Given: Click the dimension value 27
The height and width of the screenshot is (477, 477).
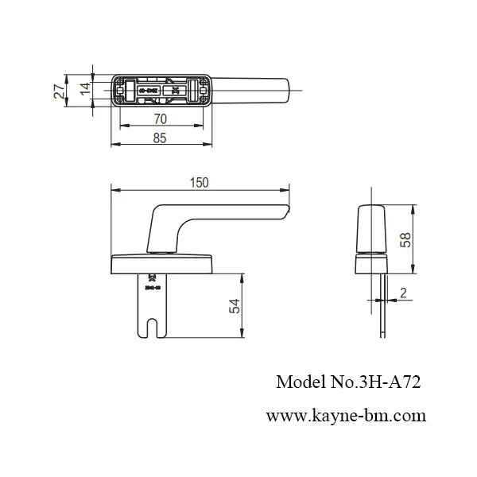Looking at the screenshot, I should click(x=58, y=89).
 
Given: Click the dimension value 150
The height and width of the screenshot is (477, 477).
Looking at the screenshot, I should click(x=199, y=183).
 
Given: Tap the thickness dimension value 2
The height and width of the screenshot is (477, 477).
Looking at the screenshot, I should click(x=403, y=294).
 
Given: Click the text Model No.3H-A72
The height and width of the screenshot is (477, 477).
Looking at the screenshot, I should click(x=347, y=382).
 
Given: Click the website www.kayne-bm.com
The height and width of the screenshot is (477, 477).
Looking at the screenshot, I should click(x=346, y=415).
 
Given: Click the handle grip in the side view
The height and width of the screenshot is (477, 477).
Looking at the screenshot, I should click(x=370, y=227).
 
